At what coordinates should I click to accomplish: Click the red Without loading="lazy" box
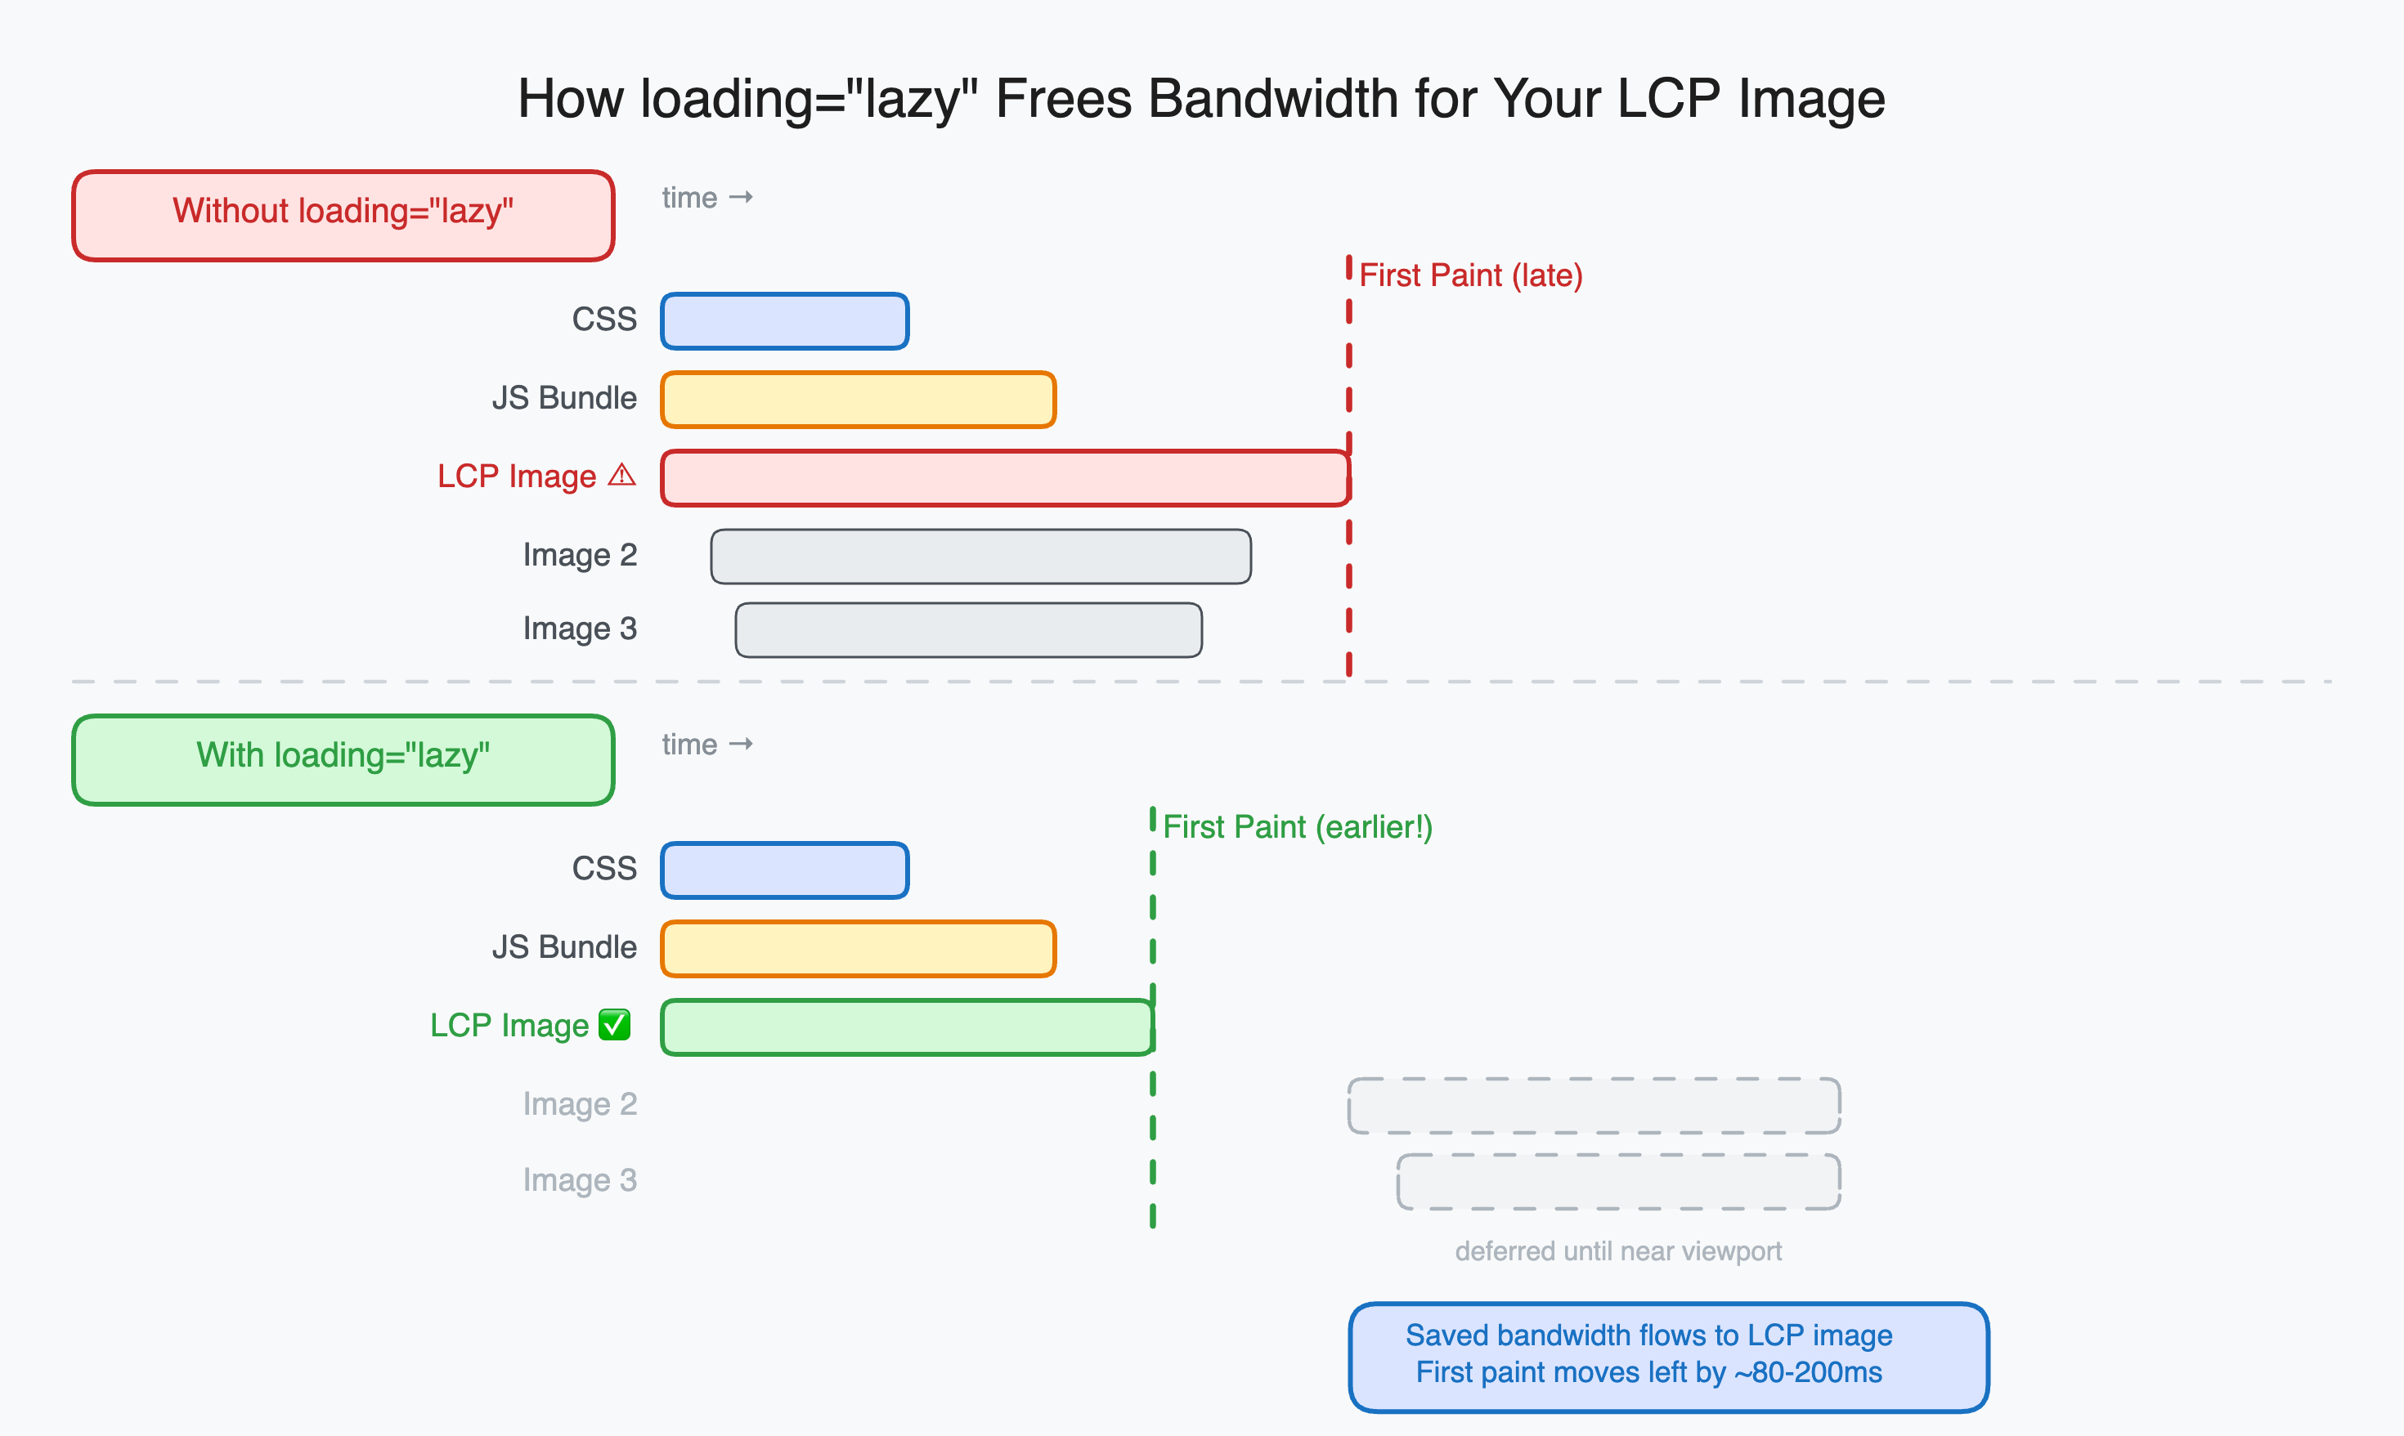[343, 215]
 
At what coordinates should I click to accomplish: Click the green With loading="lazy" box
[343, 759]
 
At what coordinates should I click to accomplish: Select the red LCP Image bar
[1005, 478]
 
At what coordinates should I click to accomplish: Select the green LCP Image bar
[907, 1027]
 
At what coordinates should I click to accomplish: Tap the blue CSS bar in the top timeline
[785, 321]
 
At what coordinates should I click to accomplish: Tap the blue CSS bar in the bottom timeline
[785, 870]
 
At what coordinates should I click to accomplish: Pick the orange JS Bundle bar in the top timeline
[858, 400]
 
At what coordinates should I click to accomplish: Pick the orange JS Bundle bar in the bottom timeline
[858, 948]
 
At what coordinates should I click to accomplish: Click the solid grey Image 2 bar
[980, 557]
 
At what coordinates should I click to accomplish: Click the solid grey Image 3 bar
[968, 630]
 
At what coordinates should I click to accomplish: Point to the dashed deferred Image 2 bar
[1594, 1105]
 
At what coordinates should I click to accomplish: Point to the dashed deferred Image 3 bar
[1618, 1182]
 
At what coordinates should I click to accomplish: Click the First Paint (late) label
[1470, 275]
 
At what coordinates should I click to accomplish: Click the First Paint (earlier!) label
[1297, 827]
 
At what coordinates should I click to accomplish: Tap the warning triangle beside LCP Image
[621, 475]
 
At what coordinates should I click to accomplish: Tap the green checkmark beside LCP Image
[615, 1024]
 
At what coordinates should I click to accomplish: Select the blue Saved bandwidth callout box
[1668, 1357]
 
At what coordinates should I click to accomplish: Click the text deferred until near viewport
[1618, 1251]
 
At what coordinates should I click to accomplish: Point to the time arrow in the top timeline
[742, 198]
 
